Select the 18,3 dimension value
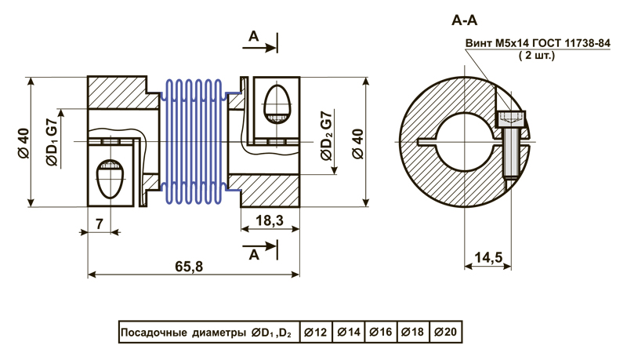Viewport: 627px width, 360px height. point(269,221)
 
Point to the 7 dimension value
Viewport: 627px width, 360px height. point(100,223)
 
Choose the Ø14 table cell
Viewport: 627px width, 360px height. point(348,333)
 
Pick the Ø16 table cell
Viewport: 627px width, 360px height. point(381,333)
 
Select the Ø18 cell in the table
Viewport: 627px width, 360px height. point(413,333)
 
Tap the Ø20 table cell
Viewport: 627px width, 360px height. point(445,333)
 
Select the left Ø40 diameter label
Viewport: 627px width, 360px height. point(24,142)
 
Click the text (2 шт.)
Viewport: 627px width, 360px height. point(537,56)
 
